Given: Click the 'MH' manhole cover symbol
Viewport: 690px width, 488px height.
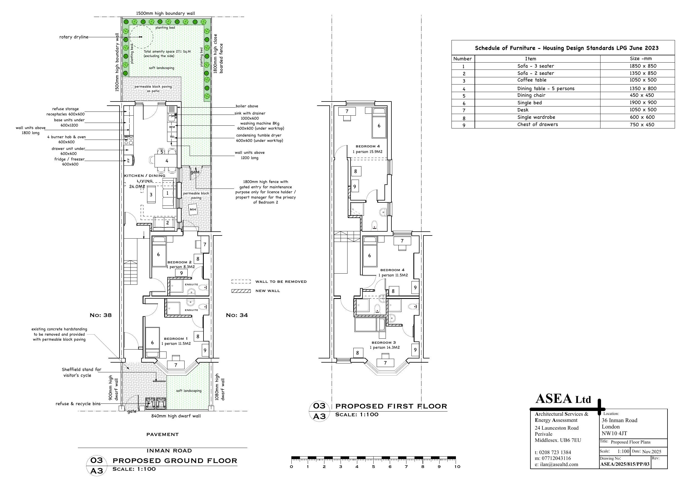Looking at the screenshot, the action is [193, 209].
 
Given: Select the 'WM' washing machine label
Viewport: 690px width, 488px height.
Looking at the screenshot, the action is [172, 127].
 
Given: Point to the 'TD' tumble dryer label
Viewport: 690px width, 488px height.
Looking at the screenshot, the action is [172, 137].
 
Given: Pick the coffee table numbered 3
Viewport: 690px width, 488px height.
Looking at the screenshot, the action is [151, 195].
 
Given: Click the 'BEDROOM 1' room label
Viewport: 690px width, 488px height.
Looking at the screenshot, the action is [176, 339].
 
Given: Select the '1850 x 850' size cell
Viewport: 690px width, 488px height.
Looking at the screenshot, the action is [643, 66].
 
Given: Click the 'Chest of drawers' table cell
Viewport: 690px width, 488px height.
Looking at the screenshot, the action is [538, 125].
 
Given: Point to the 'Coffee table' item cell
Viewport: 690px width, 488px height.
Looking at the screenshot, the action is [532, 80].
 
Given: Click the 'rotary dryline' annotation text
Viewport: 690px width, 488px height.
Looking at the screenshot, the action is [74, 37].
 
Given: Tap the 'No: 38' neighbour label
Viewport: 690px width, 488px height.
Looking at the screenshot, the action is [101, 315].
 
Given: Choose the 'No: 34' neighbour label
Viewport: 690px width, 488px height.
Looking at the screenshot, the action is [237, 315].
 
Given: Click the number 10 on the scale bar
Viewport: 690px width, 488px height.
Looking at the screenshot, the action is [457, 467].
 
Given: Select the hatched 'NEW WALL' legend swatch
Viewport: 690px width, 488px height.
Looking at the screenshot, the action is [241, 291].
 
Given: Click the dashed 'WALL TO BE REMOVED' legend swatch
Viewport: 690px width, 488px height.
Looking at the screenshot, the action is [241, 282].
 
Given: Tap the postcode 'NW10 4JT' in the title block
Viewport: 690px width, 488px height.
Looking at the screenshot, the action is [614, 433].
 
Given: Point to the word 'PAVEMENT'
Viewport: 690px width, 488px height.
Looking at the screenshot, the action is [163, 435].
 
